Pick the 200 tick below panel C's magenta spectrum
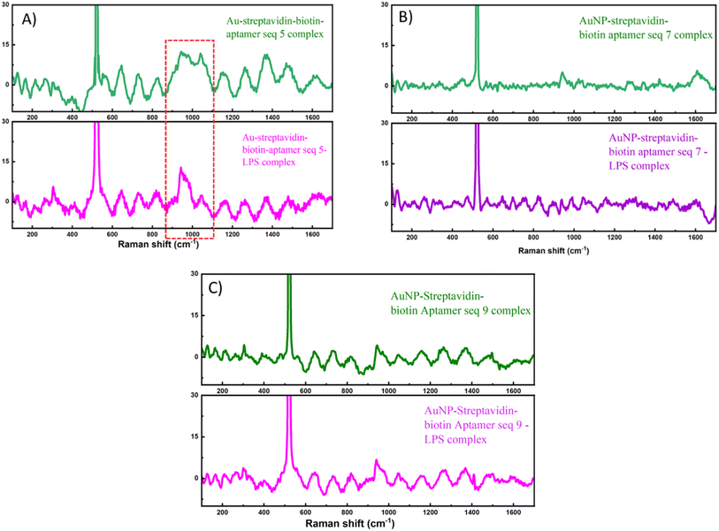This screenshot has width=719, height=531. tap(222, 511)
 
